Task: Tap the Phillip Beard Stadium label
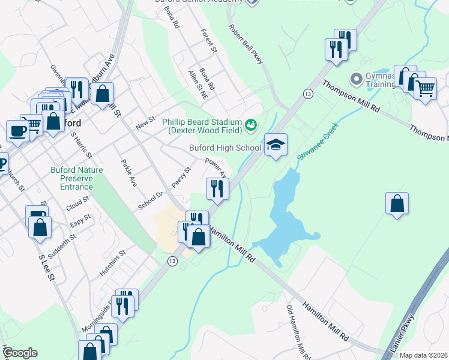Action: [x=203, y=122]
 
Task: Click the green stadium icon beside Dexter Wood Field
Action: [x=251, y=125]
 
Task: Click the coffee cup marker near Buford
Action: [x=17, y=130]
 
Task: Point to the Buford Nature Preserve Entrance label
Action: [x=77, y=178]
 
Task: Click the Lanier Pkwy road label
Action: [x=406, y=333]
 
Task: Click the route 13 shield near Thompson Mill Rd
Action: [x=308, y=94]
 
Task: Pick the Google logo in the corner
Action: [x=20, y=353]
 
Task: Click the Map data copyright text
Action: [x=424, y=355]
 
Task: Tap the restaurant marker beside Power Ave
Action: [x=217, y=188]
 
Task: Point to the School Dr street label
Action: [x=150, y=200]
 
